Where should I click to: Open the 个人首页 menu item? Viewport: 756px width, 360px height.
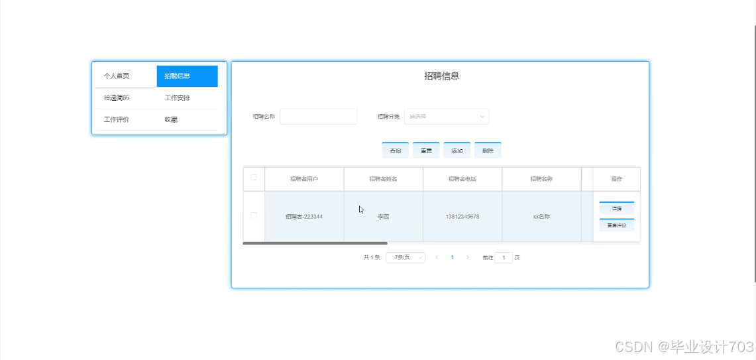[117, 76]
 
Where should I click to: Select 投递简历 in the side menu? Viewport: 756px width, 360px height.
[117, 98]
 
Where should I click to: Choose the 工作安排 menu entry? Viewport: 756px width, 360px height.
[178, 98]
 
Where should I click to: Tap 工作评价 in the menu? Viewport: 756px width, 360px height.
[117, 120]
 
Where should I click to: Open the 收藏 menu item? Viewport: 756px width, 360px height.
[171, 120]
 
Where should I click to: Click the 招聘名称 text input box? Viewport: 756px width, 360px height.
[318, 117]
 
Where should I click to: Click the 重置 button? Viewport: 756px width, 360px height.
[426, 150]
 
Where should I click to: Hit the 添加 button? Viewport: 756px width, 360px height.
[457, 150]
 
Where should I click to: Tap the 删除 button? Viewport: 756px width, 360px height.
[488, 150]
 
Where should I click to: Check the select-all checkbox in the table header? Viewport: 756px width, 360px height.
[254, 178]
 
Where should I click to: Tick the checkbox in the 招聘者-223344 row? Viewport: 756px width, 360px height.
[254, 215]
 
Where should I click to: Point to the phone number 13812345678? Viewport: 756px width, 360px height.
[462, 217]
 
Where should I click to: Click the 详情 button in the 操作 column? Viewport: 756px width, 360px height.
[617, 208]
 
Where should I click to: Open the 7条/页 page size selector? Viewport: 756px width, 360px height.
[405, 257]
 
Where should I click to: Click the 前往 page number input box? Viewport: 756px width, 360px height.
[504, 257]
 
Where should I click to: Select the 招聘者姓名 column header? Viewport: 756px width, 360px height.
[383, 179]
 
